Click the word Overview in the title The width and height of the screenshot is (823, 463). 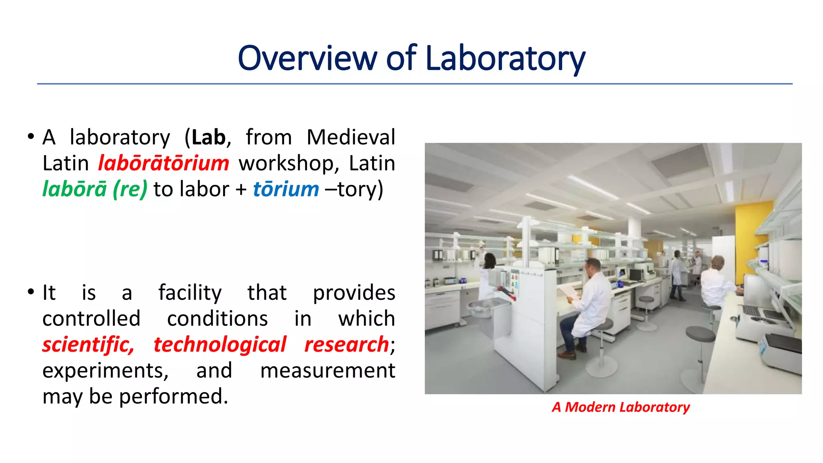click(x=307, y=59)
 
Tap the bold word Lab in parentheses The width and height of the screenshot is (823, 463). click(x=208, y=137)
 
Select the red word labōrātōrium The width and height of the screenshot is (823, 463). click(x=164, y=163)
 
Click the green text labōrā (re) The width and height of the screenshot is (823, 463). click(x=95, y=189)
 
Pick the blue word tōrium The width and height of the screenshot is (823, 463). click(x=286, y=189)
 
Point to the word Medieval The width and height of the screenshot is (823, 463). click(x=351, y=137)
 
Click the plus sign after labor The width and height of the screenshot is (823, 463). click(x=241, y=190)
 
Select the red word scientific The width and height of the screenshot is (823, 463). click(x=88, y=345)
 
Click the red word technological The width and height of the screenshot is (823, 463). click(x=219, y=345)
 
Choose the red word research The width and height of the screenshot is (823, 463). click(x=346, y=345)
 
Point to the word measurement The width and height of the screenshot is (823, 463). click(x=328, y=371)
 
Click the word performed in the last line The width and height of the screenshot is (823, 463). click(x=174, y=397)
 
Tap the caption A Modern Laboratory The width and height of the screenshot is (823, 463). click(x=620, y=407)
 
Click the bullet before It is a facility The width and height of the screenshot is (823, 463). click(x=31, y=292)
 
